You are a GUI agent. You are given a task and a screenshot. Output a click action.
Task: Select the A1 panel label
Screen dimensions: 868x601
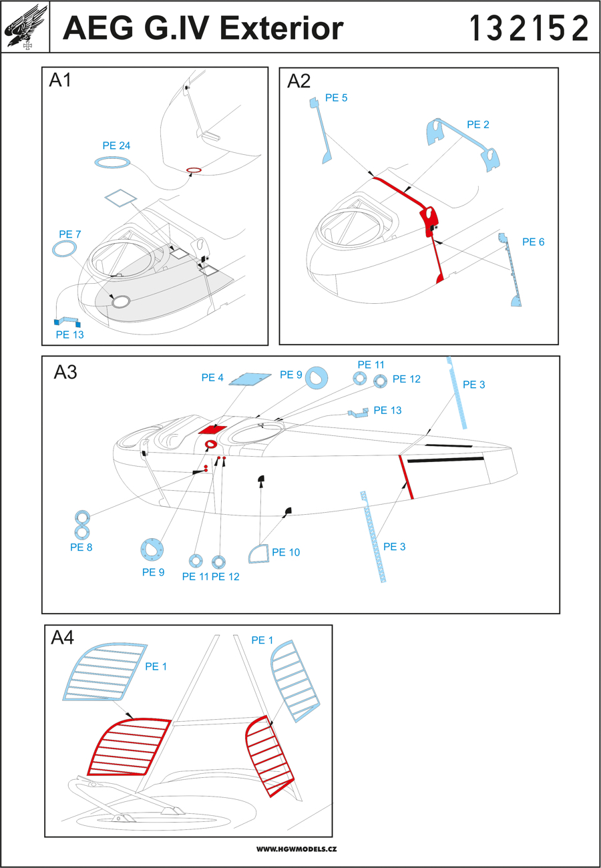(61, 81)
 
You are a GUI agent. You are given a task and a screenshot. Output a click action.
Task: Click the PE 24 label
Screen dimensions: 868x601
(116, 146)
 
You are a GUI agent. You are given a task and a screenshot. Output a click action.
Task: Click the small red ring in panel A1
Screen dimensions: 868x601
(194, 170)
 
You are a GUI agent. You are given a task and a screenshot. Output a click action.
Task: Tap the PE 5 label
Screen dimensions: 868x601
(336, 97)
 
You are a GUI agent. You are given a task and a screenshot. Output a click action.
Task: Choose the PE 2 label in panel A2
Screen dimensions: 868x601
(478, 124)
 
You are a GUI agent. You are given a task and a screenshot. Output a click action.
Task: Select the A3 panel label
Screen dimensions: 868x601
(65, 373)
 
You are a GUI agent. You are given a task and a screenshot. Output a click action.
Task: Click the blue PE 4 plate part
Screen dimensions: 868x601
(250, 379)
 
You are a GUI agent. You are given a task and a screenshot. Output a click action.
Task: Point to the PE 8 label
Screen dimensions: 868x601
(81, 546)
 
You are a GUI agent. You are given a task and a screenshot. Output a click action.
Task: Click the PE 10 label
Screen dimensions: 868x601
(286, 552)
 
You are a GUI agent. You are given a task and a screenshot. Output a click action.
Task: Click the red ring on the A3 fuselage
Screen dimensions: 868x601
(210, 445)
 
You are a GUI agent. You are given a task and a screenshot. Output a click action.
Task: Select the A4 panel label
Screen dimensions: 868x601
(63, 638)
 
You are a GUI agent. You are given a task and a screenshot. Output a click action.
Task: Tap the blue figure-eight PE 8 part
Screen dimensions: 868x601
(82, 524)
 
